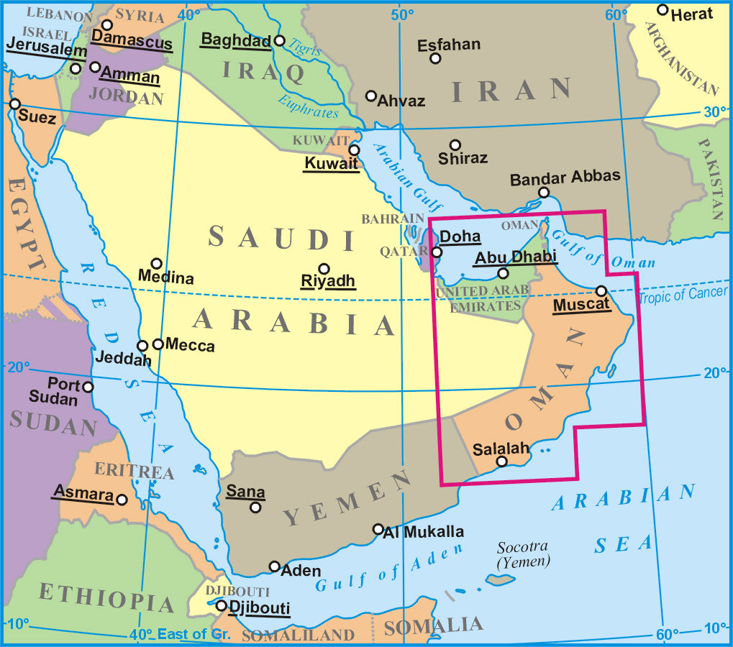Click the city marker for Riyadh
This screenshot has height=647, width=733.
pos(324,268)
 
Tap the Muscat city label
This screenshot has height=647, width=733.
pos(581,305)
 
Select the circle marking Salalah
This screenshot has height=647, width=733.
pos(502,462)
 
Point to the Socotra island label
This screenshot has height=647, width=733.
pos(523,554)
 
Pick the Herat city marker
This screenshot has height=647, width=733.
pos(663,10)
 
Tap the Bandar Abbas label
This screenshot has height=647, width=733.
pos(565,178)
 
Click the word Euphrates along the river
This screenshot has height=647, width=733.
pos(307,106)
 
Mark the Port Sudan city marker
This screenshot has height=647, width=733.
pos(88,387)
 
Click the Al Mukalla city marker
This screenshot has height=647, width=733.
pos(378,529)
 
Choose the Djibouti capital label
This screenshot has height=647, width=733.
pos(259,607)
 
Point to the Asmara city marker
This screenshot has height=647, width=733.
pos(122,499)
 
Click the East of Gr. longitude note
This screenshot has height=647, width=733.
pos(194,634)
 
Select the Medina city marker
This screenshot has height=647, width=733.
pos(156,264)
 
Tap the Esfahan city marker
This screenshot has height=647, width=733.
pos(435,58)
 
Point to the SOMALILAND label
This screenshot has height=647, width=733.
pos(298,635)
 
